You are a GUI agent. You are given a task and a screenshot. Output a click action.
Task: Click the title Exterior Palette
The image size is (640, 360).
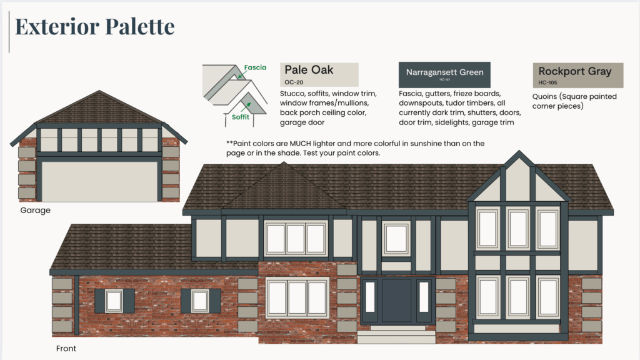pos(94,27)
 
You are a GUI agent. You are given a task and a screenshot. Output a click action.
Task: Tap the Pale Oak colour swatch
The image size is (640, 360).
pos(319,74)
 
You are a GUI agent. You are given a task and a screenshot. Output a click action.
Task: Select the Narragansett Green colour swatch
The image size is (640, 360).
pos(444,74)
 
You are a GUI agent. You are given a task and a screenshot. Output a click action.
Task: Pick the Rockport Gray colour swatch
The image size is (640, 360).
pos(577,74)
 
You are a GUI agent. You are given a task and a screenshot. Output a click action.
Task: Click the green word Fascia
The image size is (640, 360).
pos(255,67)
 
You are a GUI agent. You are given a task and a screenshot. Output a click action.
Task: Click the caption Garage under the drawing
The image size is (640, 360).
pos(35,211)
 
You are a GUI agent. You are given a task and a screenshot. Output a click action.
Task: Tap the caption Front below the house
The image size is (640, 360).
pos(65,348)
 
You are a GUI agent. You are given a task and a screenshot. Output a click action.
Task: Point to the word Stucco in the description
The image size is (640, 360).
pos(295,94)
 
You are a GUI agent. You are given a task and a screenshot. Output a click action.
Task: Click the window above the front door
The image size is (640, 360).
pos(396,238)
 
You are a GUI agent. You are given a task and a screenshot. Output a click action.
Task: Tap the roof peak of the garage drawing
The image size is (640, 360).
pos(99,93)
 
